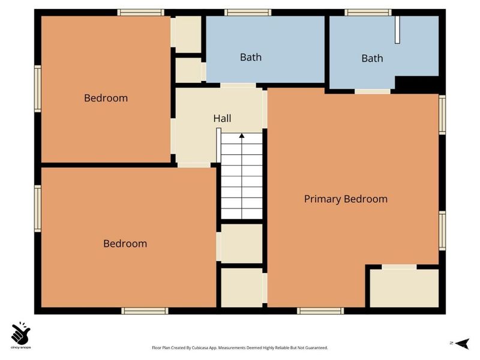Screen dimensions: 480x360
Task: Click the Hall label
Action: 222,118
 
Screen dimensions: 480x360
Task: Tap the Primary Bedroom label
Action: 346,199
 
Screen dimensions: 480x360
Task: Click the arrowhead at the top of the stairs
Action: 242,136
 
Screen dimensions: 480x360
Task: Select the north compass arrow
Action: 462,343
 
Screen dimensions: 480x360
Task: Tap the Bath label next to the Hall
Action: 251,57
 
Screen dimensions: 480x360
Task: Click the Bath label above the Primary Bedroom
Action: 372,58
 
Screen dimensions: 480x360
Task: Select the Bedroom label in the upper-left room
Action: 106,98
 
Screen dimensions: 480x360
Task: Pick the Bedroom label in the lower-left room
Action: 125,244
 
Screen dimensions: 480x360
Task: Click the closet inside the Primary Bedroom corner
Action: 404,288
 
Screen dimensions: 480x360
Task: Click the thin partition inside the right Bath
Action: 397,29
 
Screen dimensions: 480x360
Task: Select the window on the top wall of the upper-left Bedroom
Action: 141,13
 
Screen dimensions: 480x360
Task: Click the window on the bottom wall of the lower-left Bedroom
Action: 145,311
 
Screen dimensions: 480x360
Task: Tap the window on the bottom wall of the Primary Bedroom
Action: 320,311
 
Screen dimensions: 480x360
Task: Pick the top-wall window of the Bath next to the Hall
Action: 248,13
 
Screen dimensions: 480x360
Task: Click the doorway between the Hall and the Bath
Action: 238,85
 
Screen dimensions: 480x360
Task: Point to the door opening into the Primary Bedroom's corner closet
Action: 399,267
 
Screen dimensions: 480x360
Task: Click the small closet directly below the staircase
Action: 242,244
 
